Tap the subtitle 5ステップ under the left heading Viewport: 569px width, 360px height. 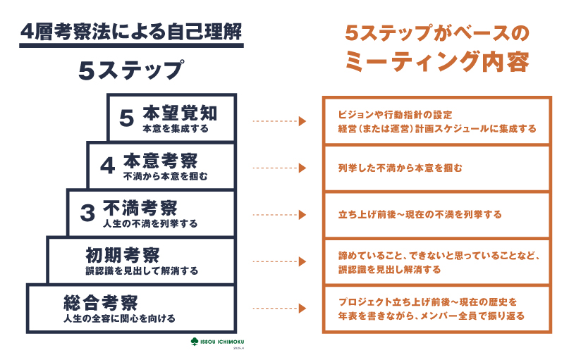[x=130, y=70]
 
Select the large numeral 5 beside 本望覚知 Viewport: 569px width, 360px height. [x=126, y=118]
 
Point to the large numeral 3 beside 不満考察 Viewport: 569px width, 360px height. [x=87, y=213]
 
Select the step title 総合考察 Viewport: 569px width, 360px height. [x=100, y=302]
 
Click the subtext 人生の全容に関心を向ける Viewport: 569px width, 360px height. [x=119, y=318]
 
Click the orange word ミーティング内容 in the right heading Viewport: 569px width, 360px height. [x=436, y=63]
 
